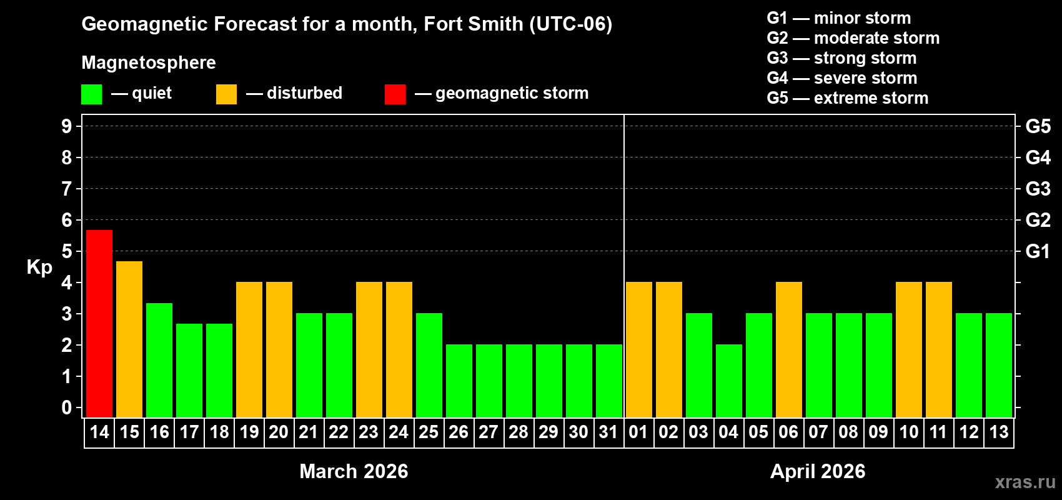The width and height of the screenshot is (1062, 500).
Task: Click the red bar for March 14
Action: point(99,323)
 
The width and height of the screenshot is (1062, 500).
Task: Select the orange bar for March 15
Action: point(129,339)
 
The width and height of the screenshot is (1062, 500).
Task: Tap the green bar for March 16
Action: point(159,360)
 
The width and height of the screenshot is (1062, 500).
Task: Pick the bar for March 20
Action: point(279,349)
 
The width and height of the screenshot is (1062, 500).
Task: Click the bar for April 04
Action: point(729,381)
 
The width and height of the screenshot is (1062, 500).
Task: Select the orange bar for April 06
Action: point(789,349)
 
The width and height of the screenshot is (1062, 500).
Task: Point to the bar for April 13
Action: point(999,365)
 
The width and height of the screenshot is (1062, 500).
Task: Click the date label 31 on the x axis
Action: point(608,432)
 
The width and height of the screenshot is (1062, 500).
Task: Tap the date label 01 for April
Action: point(638,432)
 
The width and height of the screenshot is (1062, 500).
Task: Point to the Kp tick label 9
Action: point(67,126)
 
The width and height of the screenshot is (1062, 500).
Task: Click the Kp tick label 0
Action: point(67,407)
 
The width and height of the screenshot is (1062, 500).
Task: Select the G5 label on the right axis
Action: point(1038,126)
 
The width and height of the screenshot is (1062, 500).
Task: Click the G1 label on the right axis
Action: point(1038,251)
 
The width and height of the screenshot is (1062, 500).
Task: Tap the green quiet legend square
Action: point(92,94)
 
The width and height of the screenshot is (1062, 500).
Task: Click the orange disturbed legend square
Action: point(226,94)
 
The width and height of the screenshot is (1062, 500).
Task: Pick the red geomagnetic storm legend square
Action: point(395,94)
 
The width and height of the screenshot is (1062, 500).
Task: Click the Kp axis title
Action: point(39,267)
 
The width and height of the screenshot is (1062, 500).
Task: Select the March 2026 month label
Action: point(354,471)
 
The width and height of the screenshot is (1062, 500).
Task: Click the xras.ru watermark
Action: point(1025,481)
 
